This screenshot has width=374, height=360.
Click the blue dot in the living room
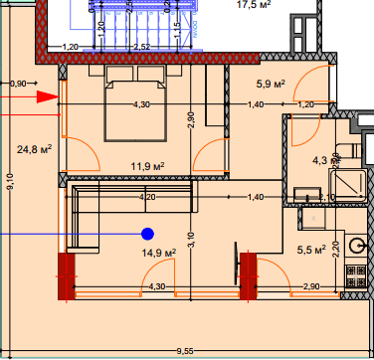(x=147, y=234)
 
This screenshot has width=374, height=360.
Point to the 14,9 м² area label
(x=158, y=253)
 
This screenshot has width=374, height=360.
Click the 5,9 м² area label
(x=272, y=85)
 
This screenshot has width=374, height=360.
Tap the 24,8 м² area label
(x=34, y=150)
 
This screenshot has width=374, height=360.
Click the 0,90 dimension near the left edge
(x=18, y=85)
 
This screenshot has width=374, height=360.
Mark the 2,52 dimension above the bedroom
(x=141, y=47)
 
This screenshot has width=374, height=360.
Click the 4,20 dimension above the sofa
(x=146, y=198)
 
